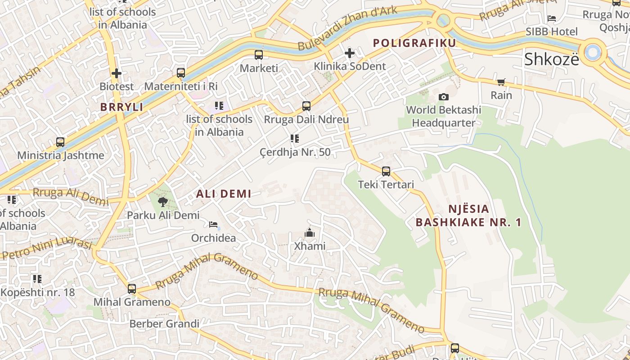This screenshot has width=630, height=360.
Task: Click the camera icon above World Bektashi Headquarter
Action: (443, 97)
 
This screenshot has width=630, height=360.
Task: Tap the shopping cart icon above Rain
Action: (501, 82)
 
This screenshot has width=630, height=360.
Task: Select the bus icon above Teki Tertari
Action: (386, 171)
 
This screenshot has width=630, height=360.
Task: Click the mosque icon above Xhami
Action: (309, 233)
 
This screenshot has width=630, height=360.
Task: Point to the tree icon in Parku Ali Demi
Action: (162, 202)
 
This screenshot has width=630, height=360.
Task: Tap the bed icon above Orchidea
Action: (213, 224)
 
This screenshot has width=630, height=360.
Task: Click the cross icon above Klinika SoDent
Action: (350, 54)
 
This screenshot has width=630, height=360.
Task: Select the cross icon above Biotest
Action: (117, 73)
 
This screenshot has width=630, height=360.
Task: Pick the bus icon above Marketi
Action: (259, 55)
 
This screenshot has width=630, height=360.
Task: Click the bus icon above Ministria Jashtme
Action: (60, 142)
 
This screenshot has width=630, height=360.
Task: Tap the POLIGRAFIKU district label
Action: (414, 43)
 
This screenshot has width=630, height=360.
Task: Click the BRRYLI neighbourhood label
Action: (122, 107)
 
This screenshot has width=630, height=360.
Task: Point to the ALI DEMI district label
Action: (224, 194)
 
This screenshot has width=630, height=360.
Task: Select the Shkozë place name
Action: (552, 59)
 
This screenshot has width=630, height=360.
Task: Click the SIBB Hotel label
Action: (552, 32)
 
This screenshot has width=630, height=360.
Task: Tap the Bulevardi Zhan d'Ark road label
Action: (347, 28)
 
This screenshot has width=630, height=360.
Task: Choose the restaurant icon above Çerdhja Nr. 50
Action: (295, 139)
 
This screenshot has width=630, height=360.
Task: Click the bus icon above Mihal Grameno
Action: (132, 289)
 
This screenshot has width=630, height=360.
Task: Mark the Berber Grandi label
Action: (164, 324)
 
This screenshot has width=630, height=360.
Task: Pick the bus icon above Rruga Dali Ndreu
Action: (306, 106)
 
